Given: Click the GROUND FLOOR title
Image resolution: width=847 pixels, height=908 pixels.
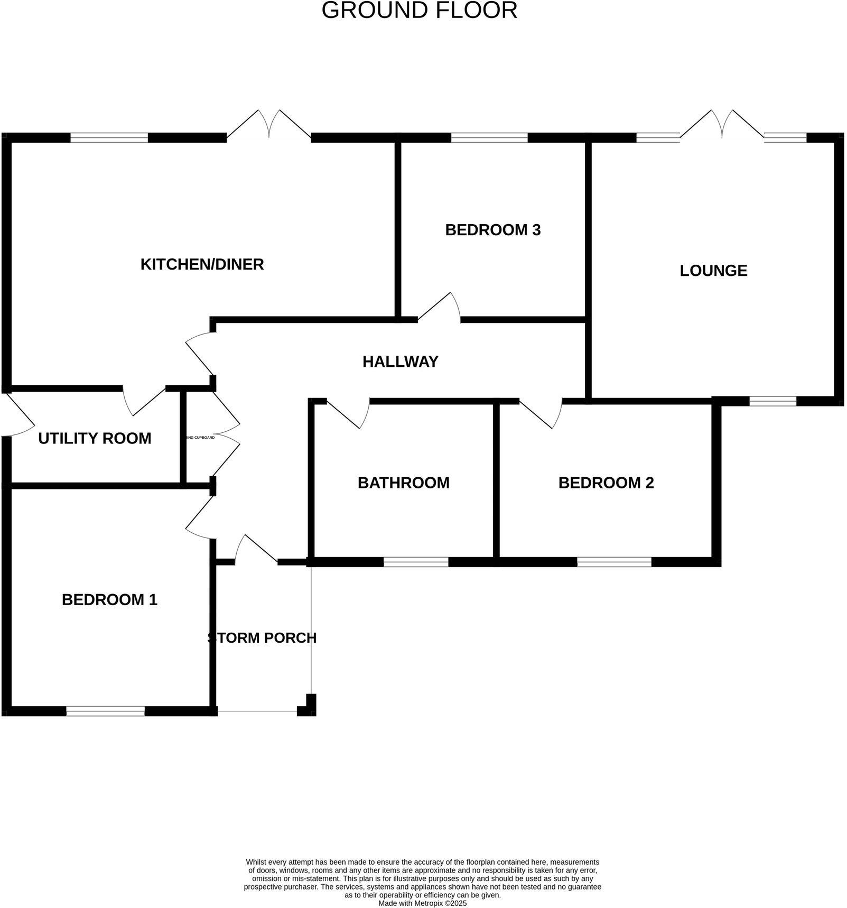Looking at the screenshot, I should (x=419, y=11).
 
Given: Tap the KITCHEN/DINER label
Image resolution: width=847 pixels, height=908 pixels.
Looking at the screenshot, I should (x=202, y=264).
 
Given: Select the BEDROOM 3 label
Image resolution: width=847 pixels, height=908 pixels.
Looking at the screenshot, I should (x=492, y=230).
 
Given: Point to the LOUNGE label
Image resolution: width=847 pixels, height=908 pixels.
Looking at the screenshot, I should (x=713, y=271).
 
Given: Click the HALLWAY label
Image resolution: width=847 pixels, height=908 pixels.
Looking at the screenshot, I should (x=400, y=362).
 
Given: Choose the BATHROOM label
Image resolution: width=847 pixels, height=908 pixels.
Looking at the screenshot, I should (x=403, y=483).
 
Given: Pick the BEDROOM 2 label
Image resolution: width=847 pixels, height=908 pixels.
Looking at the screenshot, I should (x=606, y=483).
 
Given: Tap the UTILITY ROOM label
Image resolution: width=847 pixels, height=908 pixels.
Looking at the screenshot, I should (x=95, y=438).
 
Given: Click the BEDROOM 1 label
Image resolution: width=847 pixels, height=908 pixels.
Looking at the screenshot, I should (x=109, y=599).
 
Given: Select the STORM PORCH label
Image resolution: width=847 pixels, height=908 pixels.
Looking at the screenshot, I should (x=262, y=638).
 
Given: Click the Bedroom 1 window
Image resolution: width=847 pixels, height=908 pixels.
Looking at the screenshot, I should (x=105, y=711).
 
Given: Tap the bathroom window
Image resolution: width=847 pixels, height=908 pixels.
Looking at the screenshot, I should (x=415, y=562).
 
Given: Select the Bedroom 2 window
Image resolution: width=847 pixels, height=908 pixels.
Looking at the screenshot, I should (x=613, y=562).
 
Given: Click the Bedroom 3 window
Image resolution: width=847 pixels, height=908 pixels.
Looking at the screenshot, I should (x=489, y=138).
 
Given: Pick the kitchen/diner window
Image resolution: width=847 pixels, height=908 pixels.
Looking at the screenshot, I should (x=109, y=138).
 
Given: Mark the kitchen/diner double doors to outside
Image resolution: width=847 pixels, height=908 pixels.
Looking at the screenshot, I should (x=268, y=127).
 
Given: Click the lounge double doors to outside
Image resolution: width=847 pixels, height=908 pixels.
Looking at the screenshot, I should (x=721, y=127).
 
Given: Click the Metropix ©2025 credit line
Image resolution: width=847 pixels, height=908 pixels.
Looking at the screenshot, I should (x=422, y=903).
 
